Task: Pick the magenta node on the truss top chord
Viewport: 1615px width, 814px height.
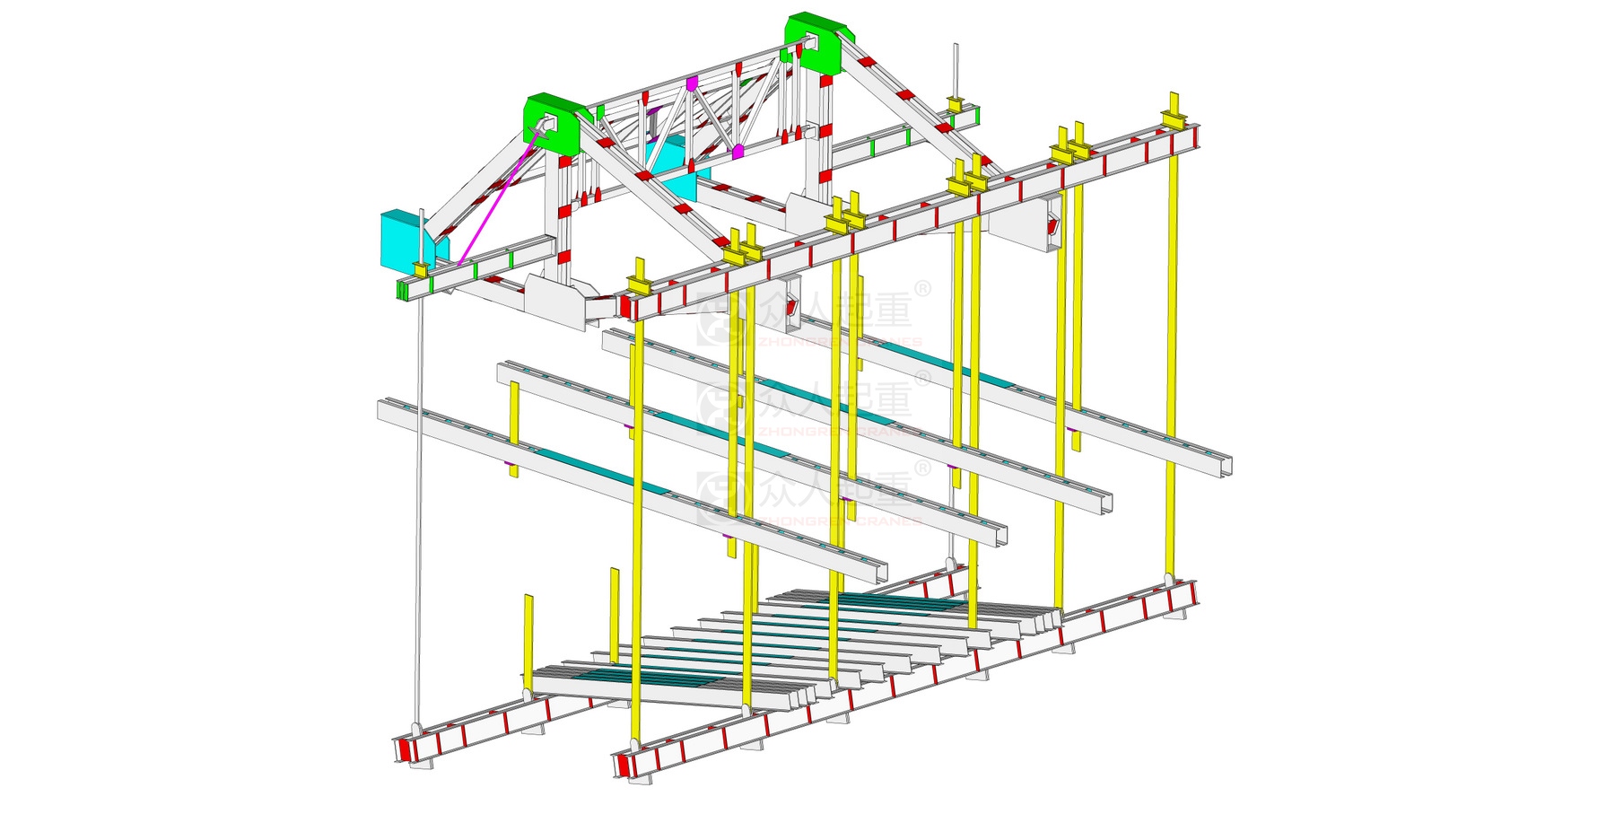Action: tap(692, 83)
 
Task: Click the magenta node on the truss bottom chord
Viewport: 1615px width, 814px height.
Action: tap(738, 152)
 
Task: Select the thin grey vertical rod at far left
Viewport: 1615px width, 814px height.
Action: tap(418, 494)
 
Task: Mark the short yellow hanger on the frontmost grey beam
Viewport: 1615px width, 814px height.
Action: tap(514, 422)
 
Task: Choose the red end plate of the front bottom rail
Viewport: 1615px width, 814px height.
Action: tap(622, 765)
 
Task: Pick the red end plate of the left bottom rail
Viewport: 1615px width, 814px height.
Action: tap(404, 749)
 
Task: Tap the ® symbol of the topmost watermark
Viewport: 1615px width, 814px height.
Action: tap(922, 289)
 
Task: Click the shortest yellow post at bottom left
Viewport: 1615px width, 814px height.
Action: tap(528, 633)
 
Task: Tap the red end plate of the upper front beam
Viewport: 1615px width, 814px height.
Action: tap(624, 306)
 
